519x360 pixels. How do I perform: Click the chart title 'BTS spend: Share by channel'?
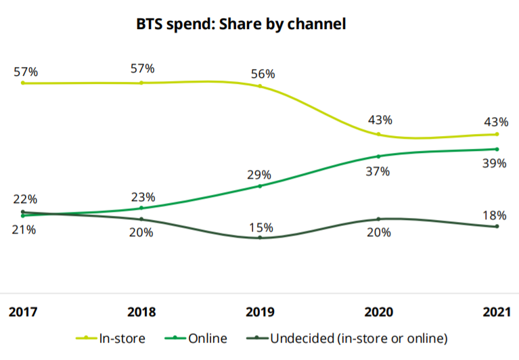click(242, 25)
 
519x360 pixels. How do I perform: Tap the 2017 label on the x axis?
click(23, 312)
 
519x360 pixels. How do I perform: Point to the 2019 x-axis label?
click(260, 312)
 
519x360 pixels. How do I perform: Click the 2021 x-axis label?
click(496, 312)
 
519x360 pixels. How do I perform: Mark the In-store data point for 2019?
click(260, 86)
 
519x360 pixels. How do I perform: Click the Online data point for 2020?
click(378, 156)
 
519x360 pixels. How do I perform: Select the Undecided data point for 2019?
click(260, 238)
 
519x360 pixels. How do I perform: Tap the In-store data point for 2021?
click(497, 134)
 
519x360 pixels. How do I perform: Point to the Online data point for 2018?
click(141, 208)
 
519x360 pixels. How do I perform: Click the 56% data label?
click(262, 72)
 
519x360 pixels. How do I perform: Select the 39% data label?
click(495, 164)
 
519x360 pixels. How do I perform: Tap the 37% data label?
click(378, 171)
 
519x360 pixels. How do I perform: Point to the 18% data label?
click(495, 215)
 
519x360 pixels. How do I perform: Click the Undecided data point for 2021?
click(497, 226)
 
